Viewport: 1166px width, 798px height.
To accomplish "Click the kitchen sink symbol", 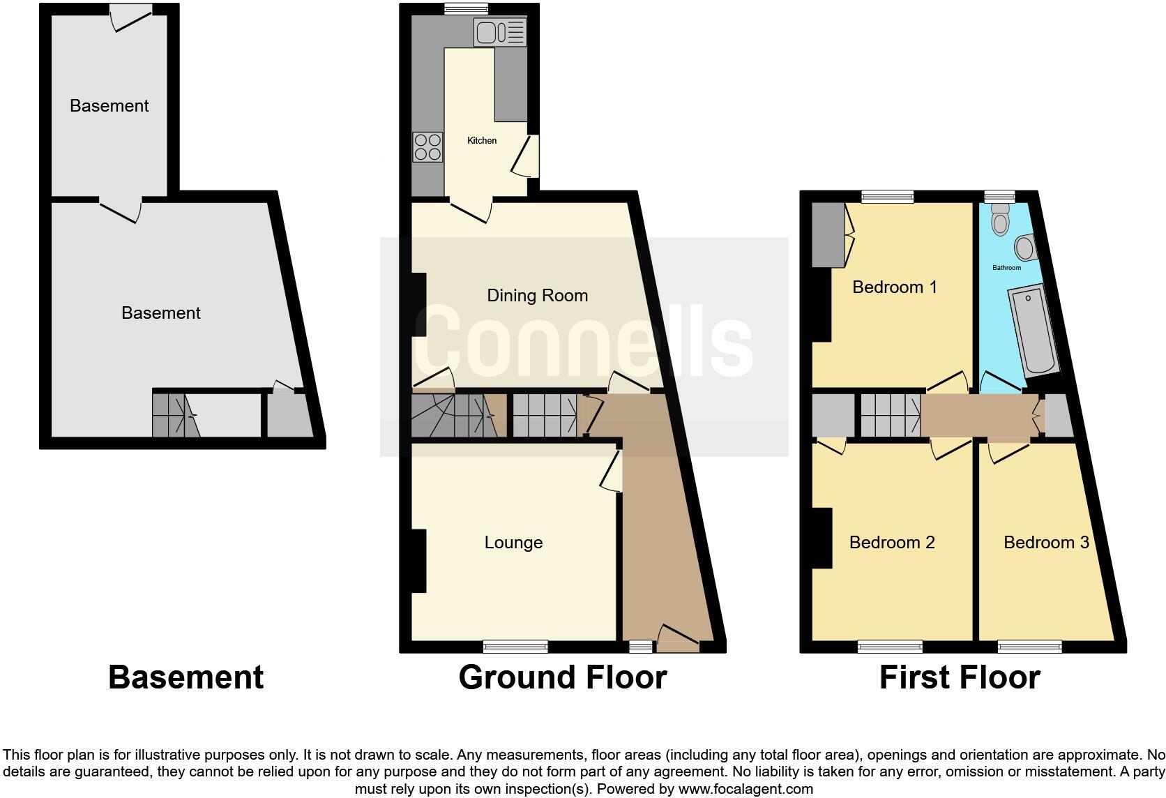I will pos(499,32).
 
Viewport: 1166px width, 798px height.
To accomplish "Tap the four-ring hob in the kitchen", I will pos(427,146).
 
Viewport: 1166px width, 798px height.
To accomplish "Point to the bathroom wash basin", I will pos(1025,247).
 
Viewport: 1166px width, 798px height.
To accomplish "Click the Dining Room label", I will pos(537,296).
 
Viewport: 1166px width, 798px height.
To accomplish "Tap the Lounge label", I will pos(513,543).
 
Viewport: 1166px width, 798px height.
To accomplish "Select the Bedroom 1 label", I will pos(895,287).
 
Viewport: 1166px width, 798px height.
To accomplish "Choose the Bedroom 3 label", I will pos(1046,543).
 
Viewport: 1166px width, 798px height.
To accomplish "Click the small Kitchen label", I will pos(482,141).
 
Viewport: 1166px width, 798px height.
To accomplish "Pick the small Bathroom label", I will pos(1006,268).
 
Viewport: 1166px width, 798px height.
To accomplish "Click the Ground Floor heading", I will pos(562,677).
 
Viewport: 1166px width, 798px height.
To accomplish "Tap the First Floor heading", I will pos(960,677).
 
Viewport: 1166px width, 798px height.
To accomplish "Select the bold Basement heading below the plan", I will pos(186,677).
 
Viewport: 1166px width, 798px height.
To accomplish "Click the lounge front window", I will pos(515,647).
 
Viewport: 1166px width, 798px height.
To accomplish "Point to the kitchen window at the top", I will pos(467,8).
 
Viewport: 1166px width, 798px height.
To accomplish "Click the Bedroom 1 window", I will pos(887,197).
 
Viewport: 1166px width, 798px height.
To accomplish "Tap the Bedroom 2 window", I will pos(890,647).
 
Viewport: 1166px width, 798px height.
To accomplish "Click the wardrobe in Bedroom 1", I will pos(828,234).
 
